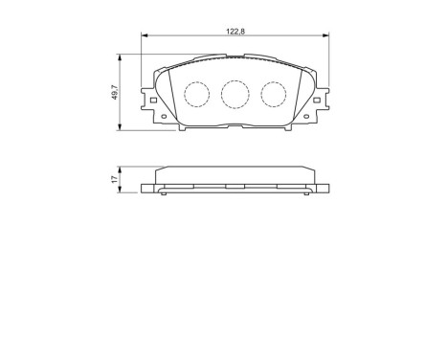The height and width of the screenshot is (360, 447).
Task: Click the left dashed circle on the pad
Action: pos(196,93)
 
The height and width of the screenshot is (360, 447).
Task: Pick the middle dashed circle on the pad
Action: pos(235,93)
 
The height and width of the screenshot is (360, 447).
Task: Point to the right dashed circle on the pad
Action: pos(275,93)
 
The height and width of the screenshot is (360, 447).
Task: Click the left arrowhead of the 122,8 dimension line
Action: pos(145,36)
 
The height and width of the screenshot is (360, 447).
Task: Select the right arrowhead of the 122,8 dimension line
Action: pos(327,36)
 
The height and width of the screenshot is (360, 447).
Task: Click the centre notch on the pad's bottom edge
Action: pos(235,125)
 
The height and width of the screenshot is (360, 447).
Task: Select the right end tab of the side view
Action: pos(324,187)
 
